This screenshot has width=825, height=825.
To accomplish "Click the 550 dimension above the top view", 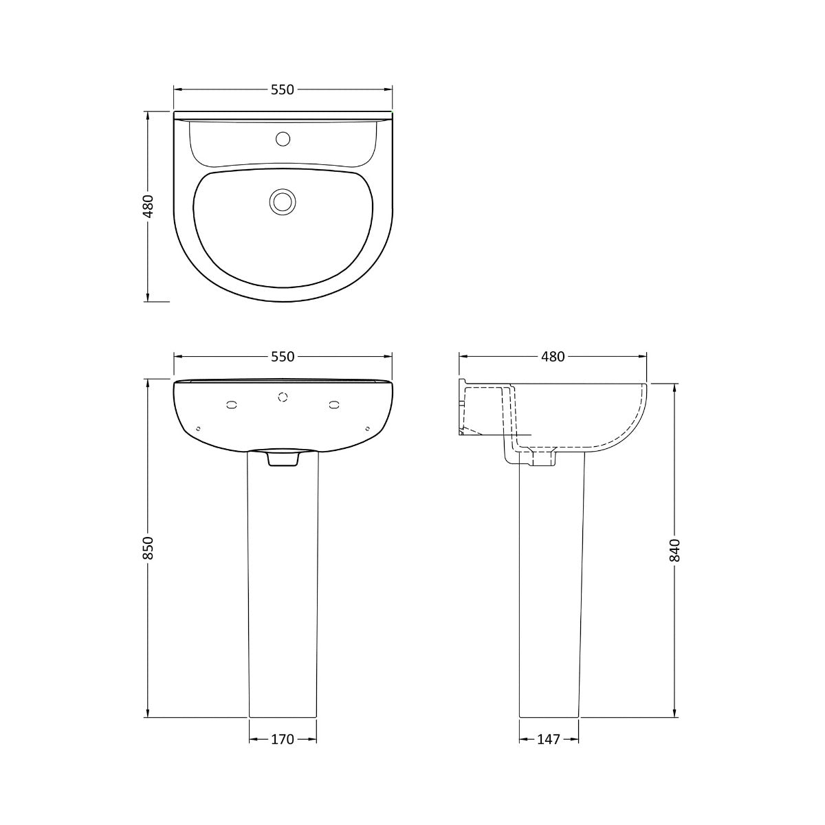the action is tap(283, 90).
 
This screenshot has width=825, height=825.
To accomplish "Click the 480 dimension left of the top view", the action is tap(148, 206).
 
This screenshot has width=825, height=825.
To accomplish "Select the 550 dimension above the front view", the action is tap(283, 357).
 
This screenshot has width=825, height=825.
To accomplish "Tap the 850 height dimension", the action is tap(148, 548).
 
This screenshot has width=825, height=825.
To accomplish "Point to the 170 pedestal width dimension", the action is tap(283, 739).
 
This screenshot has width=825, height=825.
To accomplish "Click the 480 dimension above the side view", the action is tap(553, 357).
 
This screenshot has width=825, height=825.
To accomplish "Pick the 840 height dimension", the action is tap(674, 550).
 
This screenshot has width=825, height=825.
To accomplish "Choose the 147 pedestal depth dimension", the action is tap(549, 739).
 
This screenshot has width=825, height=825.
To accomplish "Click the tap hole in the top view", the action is tap(283, 139).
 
